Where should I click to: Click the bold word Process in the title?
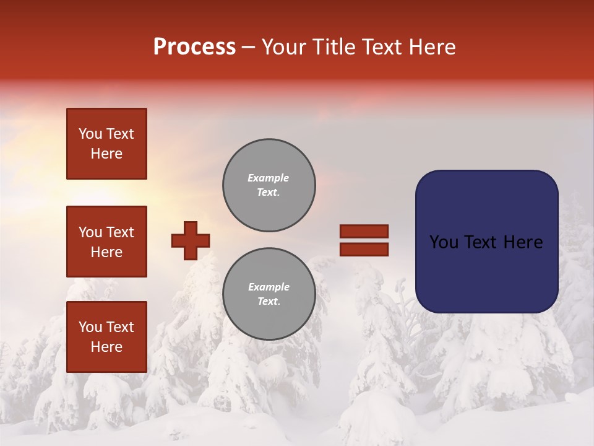(194, 47)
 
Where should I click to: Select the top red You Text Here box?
(106, 144)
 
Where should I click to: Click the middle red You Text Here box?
(106, 242)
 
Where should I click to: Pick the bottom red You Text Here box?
(106, 336)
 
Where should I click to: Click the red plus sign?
(191, 240)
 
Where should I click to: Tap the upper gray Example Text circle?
(269, 185)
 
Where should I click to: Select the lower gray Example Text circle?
(269, 294)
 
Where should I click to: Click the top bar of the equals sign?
(364, 232)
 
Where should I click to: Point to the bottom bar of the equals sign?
(364, 250)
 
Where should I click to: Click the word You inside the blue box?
(444, 242)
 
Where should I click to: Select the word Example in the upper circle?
(269, 178)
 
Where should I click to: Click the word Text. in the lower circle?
(269, 302)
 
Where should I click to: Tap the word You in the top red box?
(90, 134)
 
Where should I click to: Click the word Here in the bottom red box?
(106, 347)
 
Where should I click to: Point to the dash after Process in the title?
(249, 48)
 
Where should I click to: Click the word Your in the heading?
(285, 47)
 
